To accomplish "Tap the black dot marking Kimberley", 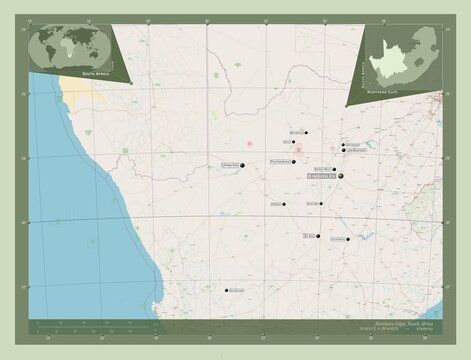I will pos(340,176).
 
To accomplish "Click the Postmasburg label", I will pos(280,161).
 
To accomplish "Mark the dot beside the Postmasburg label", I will pos(295,162).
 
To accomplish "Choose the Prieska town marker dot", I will pos(284,204).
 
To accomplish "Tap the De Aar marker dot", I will pos(318,237).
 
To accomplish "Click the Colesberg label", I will pos(337,239).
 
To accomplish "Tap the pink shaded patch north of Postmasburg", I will pos(298,150).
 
